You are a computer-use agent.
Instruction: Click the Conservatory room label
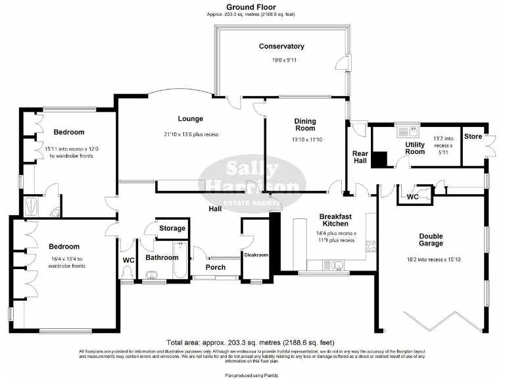(281, 47)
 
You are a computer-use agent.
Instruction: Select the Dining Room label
(304, 125)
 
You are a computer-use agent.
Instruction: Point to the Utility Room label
(415, 148)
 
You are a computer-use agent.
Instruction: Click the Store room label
(472, 137)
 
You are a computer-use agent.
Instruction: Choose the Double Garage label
(431, 240)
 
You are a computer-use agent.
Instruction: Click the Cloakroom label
(256, 254)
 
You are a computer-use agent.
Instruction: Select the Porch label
(216, 267)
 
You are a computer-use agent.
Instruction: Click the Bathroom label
(162, 258)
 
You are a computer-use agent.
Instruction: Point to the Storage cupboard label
(173, 228)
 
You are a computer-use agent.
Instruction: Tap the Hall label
(215, 209)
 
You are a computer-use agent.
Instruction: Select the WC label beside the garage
(413, 197)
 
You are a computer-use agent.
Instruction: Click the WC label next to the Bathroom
(128, 260)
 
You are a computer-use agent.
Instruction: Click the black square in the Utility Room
(380, 159)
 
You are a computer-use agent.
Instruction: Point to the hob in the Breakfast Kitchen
(370, 247)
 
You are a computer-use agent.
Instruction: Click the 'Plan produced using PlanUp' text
(252, 374)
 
